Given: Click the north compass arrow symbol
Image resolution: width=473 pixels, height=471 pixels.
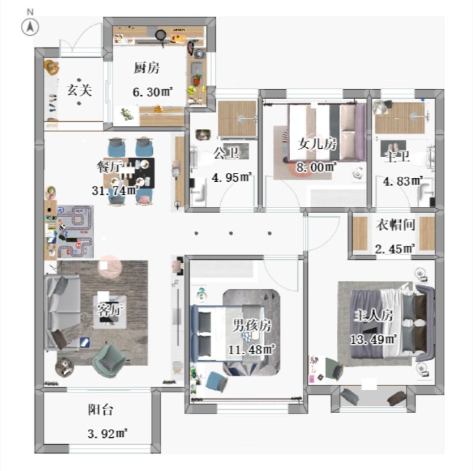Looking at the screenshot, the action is click(x=30, y=27).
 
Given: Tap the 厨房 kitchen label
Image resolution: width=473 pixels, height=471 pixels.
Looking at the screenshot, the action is click(x=146, y=68).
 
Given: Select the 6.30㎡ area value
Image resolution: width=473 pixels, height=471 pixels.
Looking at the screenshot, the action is click(x=153, y=91).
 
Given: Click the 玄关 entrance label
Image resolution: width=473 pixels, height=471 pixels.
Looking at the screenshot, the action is click(x=79, y=90).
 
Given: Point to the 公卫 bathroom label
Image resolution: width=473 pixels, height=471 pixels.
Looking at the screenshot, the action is click(x=226, y=153).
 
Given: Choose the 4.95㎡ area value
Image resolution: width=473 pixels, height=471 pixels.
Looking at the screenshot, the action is click(x=231, y=177).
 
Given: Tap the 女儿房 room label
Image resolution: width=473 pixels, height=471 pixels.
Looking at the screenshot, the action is click(x=317, y=144).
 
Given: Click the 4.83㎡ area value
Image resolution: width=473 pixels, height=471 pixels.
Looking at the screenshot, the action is click(x=403, y=181).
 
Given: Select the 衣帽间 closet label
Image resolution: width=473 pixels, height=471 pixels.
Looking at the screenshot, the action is click(x=396, y=225).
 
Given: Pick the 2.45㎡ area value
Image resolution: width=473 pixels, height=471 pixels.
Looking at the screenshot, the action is click(x=395, y=249).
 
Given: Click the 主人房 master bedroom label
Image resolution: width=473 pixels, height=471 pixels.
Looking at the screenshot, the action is click(x=374, y=316).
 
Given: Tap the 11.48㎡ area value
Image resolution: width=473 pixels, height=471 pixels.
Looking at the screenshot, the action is click(x=252, y=350).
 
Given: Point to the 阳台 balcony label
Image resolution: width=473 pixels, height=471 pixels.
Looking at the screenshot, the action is click(x=101, y=410).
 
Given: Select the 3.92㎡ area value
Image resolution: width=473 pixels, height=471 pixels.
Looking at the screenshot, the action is click(x=107, y=434).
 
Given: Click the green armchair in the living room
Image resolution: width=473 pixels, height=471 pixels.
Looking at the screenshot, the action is click(x=109, y=361).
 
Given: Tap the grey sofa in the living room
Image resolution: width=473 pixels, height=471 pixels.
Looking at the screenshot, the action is click(x=63, y=312).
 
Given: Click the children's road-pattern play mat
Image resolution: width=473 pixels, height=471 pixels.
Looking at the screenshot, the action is click(x=75, y=232).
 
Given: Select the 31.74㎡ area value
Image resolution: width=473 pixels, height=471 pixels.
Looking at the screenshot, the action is click(x=115, y=191).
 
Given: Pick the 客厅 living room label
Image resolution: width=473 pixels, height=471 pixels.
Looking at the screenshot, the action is click(x=110, y=310).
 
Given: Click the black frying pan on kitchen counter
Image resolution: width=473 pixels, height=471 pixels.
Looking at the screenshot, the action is click(x=161, y=36).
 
